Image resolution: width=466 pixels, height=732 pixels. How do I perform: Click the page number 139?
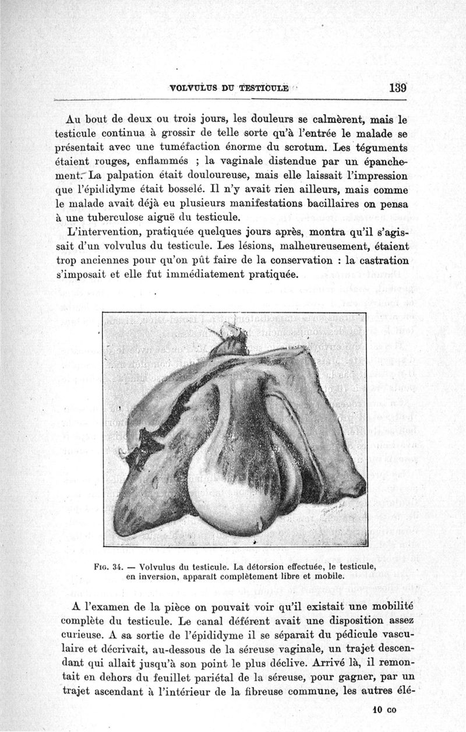point(398,89)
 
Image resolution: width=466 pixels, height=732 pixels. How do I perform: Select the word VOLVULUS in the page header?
point(191,89)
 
